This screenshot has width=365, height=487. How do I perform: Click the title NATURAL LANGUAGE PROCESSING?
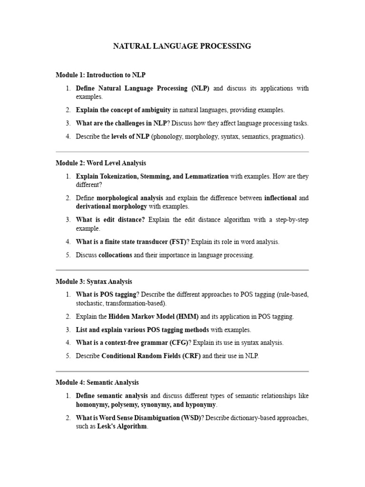(182, 46)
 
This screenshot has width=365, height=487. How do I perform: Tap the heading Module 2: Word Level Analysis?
(101, 163)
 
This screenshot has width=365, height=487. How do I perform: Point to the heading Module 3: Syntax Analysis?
(94, 282)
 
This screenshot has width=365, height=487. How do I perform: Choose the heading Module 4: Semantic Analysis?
(97, 382)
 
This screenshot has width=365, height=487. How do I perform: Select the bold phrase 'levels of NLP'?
(130, 136)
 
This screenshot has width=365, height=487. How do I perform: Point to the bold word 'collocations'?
(115, 255)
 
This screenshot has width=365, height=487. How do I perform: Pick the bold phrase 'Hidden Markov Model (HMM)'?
(154, 316)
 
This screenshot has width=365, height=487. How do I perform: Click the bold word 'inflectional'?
(280, 198)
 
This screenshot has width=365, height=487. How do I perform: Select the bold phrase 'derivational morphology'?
(111, 206)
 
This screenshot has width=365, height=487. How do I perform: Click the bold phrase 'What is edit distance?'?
(110, 220)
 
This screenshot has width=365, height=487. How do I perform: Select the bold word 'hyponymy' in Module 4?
(199, 404)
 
